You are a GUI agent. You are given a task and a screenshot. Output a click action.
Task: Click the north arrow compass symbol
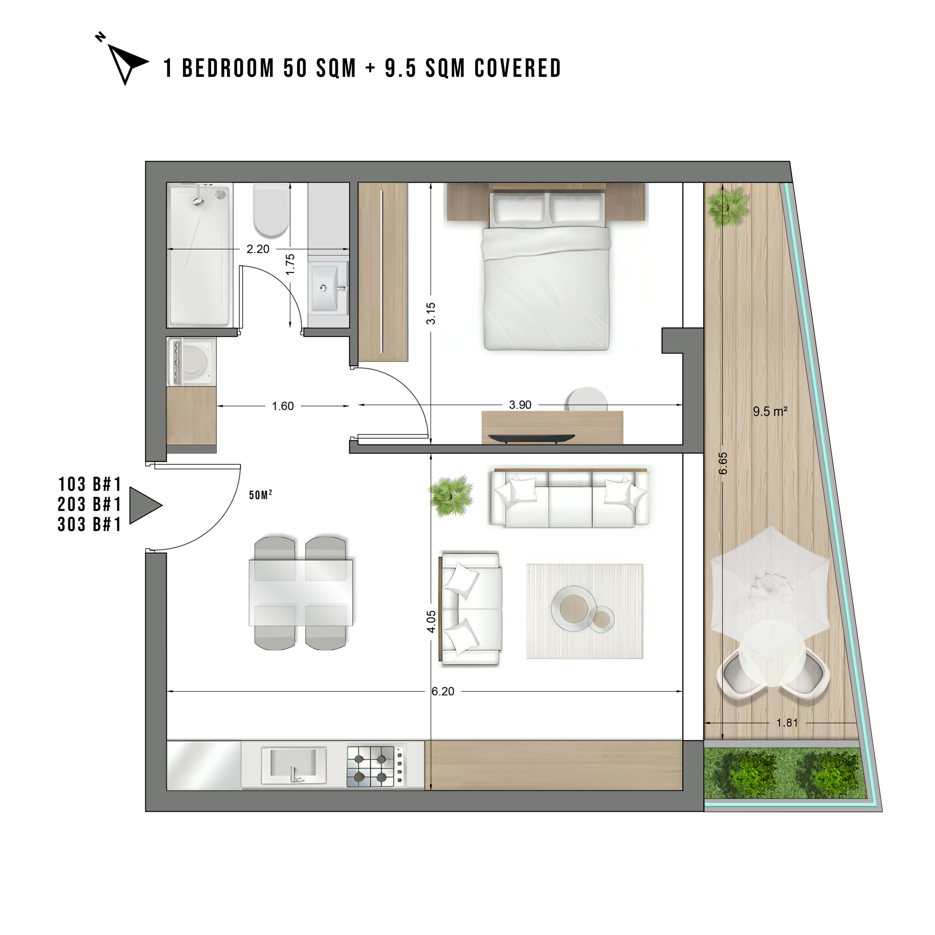pos(125,61)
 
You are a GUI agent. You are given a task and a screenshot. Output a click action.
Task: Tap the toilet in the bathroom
pos(271,209)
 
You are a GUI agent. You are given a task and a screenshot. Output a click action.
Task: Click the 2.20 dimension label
pos(258,249)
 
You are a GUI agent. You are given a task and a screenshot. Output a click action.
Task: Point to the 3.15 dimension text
pos(431,313)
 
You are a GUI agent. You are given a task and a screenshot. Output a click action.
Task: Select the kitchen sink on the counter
pos(294,766)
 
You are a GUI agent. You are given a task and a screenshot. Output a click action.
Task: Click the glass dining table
pos(301,593)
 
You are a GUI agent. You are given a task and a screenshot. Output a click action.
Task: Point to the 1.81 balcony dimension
pos(787,722)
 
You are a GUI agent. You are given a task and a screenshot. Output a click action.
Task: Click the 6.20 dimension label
pos(443,691)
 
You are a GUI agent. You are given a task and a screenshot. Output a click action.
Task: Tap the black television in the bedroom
pos(531,438)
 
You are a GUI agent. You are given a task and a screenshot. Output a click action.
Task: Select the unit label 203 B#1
pos(89,504)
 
